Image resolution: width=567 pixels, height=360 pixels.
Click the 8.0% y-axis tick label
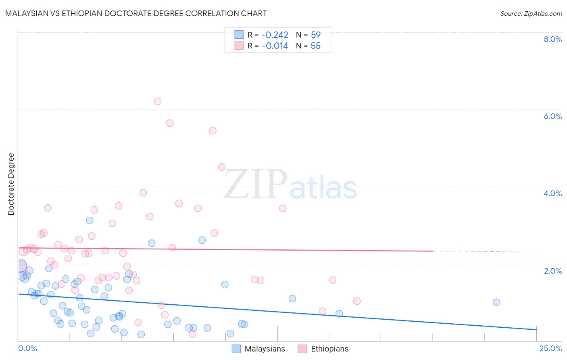point(552,39)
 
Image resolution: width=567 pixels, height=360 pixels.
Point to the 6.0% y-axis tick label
point(552,116)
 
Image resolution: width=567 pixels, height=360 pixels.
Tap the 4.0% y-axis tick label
point(552,193)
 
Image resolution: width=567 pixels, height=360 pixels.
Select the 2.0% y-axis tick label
point(552,271)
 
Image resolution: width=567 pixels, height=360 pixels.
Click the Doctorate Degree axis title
point(11,184)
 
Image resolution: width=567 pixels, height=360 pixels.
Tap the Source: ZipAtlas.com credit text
point(531,13)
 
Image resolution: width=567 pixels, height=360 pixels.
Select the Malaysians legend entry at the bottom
point(258,349)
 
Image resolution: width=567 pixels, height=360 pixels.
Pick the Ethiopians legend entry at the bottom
point(323,349)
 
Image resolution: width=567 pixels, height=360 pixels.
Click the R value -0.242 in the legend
point(275,35)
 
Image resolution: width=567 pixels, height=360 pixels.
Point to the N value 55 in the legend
point(315,46)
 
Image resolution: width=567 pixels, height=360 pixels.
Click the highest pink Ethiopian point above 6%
point(158,101)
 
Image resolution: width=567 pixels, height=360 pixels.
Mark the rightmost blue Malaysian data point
point(496,302)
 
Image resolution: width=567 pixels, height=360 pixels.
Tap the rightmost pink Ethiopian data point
point(356,301)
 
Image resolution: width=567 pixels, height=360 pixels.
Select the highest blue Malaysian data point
point(90,220)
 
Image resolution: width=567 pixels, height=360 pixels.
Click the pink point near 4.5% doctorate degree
point(221,167)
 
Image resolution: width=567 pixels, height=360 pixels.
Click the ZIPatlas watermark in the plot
point(290,185)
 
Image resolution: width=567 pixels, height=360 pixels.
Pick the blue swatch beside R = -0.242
point(239,35)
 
